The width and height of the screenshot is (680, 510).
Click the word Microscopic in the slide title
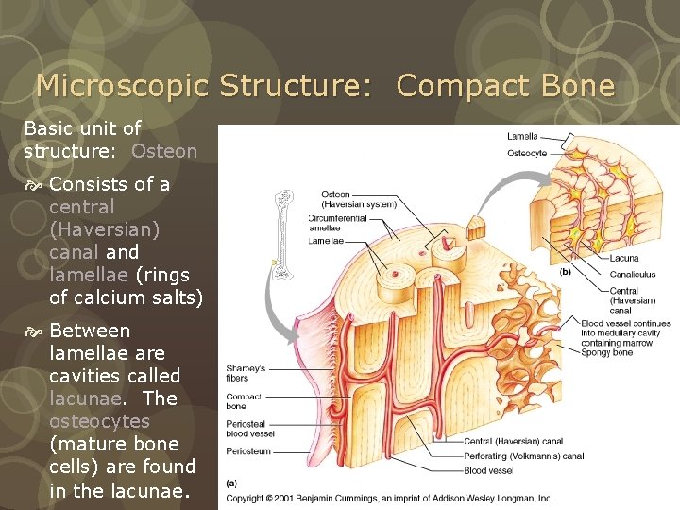point(123,87)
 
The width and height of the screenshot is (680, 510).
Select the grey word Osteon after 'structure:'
point(164,151)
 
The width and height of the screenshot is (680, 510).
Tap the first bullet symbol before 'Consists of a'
point(34,185)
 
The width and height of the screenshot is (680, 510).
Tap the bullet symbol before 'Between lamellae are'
point(34,331)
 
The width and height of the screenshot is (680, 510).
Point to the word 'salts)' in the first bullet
point(175,297)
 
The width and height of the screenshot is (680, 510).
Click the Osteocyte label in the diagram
point(527,152)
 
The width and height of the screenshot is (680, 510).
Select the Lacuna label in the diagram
point(624,258)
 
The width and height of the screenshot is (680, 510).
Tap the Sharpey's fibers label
point(245,373)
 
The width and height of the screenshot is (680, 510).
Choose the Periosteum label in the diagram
point(248,451)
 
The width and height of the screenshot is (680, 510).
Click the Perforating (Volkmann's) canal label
point(525,456)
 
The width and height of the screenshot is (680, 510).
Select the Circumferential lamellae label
point(338,223)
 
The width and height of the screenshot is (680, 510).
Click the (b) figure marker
point(566,271)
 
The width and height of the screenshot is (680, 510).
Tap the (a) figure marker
point(231,483)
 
